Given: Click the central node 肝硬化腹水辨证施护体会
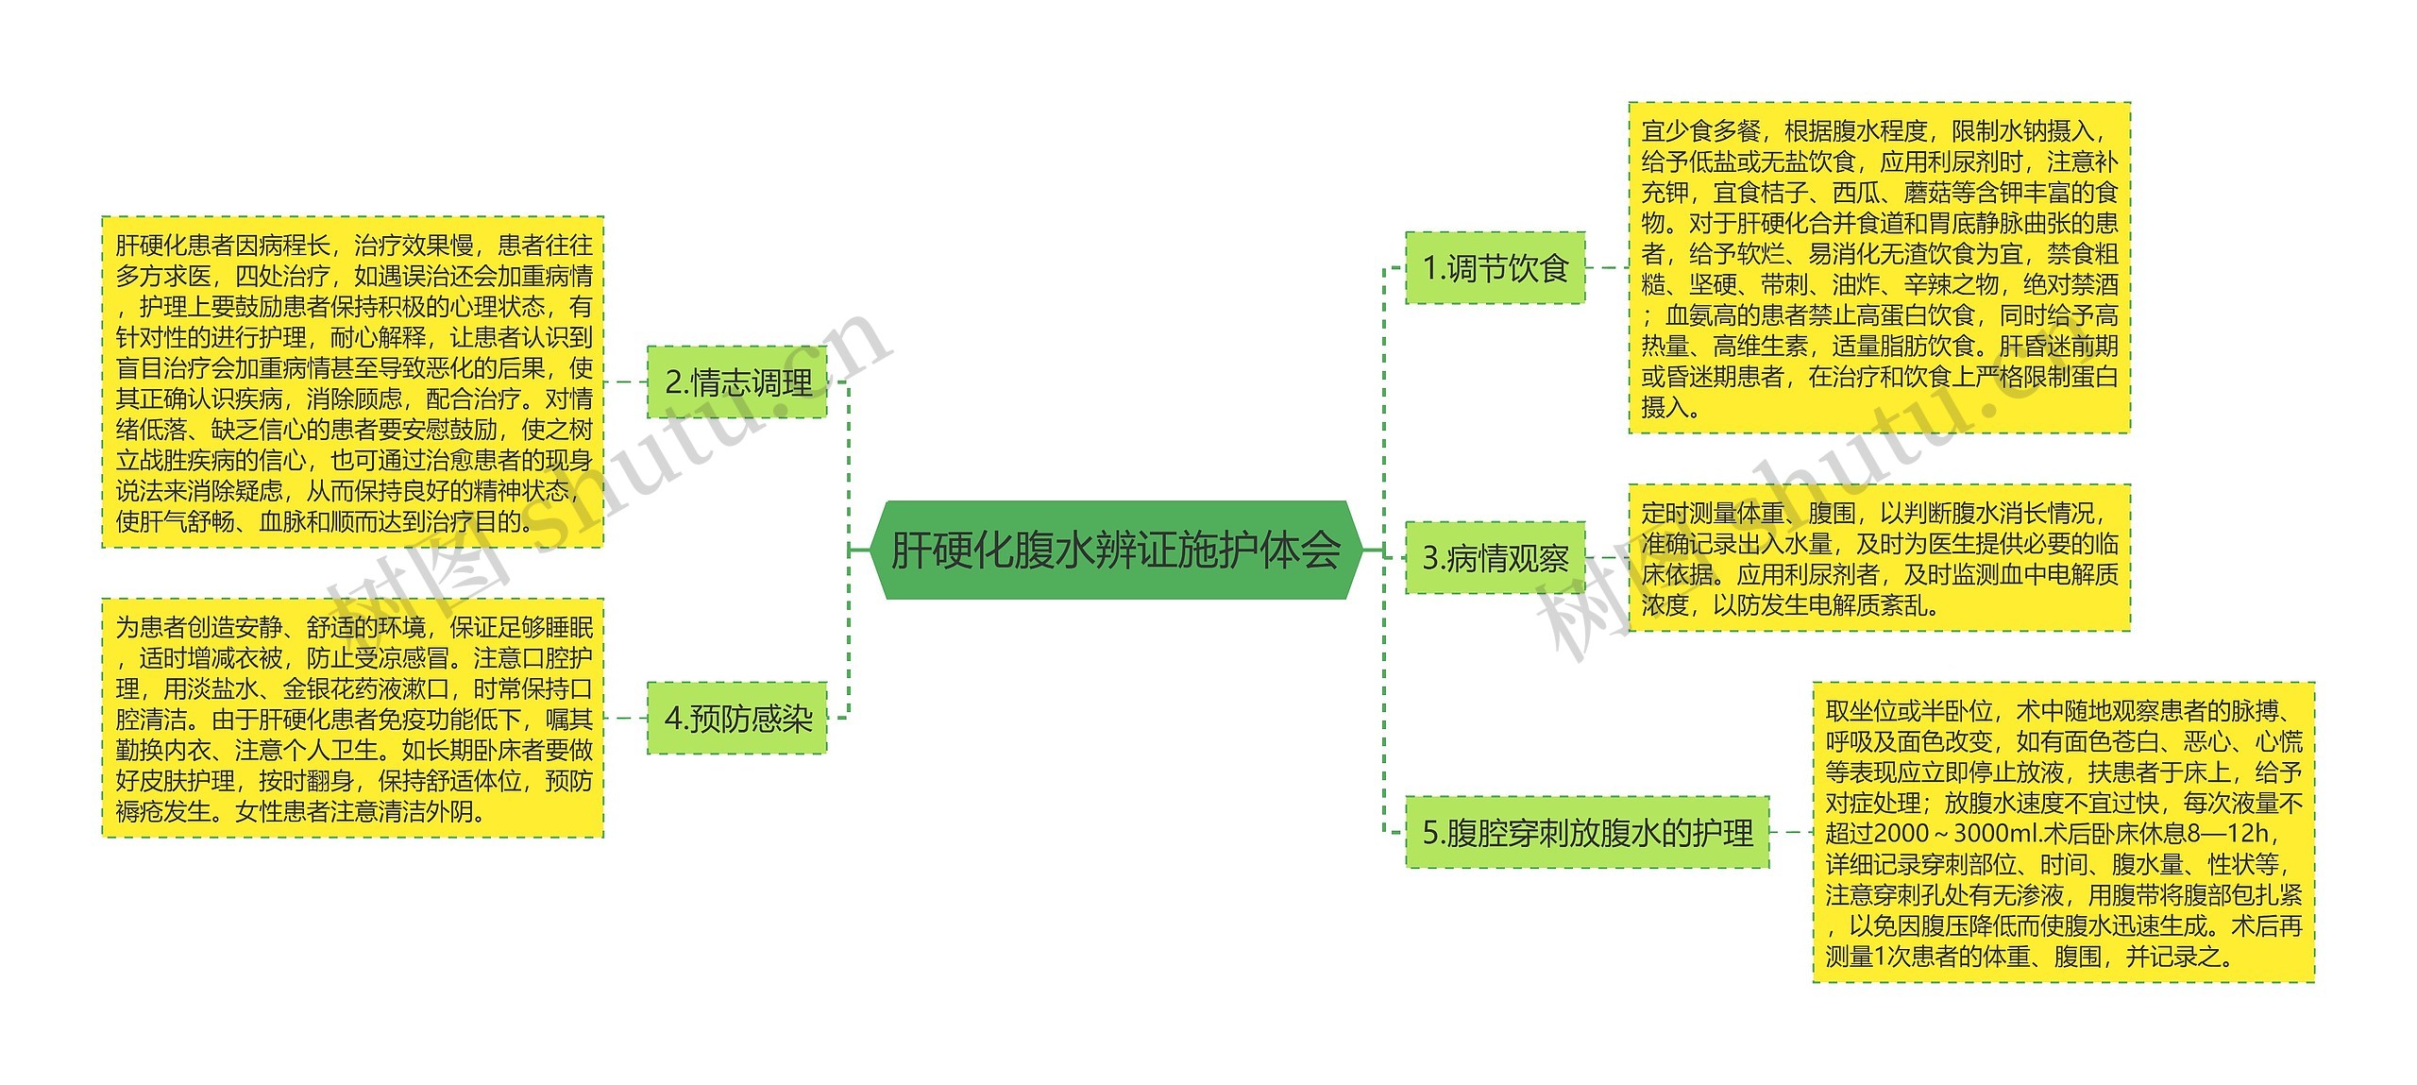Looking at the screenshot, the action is click(1116, 551).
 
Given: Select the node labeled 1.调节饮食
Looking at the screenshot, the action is click(1495, 268).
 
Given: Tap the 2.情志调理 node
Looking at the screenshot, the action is click(737, 382).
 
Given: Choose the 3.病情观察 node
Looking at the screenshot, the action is click(1495, 558).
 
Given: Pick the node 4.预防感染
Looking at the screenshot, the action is click(737, 719).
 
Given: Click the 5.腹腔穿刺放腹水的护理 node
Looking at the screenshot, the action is click(1587, 833).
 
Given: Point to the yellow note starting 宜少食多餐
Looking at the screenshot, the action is click(1879, 268).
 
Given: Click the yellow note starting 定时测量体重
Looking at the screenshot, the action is click(1879, 558).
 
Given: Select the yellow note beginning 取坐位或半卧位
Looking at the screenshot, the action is click(2063, 833).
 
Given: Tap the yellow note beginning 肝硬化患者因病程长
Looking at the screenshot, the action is click(353, 382).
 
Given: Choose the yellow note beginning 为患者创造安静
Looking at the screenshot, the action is click(353, 719).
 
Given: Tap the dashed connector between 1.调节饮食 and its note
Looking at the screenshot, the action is click(1607, 268).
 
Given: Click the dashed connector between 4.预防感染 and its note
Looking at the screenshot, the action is click(625, 719).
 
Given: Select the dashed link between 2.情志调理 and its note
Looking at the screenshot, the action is click(625, 382).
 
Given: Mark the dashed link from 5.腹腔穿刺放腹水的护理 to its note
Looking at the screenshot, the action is click(1791, 833).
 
